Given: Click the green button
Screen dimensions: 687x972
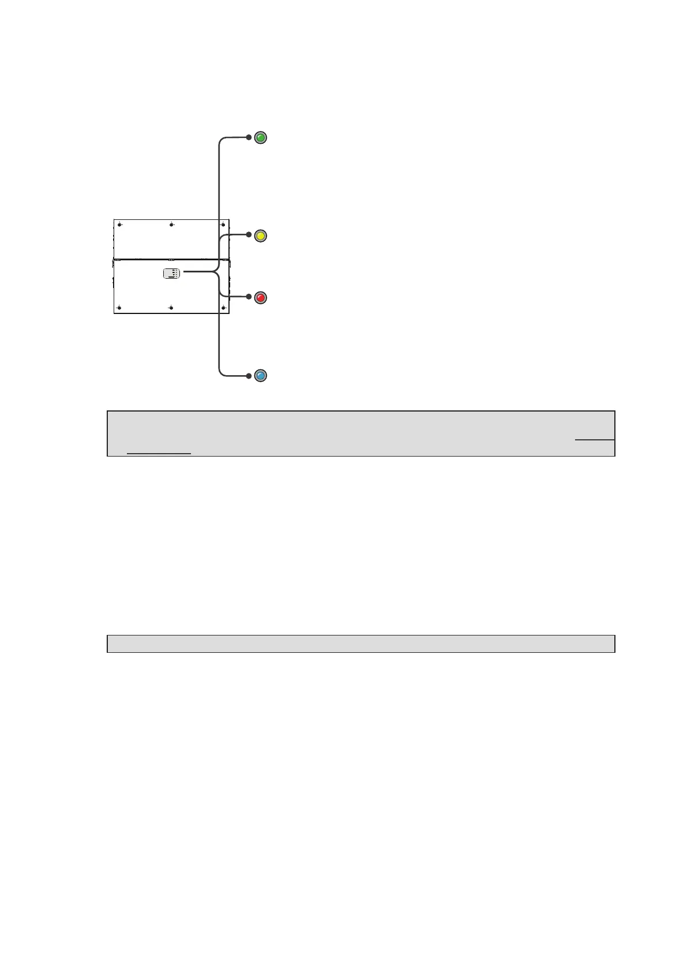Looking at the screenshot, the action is (x=261, y=138).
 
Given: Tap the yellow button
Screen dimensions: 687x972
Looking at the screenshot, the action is (x=261, y=235).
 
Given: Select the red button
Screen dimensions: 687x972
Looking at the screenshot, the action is (x=261, y=298).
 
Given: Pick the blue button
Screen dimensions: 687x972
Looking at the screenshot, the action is (x=261, y=376).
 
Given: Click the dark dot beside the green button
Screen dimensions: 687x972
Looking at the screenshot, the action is (x=249, y=138).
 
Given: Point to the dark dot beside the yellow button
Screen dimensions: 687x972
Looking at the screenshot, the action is (x=249, y=235).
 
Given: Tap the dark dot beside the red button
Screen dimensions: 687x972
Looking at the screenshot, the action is (x=249, y=297).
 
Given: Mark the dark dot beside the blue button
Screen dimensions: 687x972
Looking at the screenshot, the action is (x=249, y=376).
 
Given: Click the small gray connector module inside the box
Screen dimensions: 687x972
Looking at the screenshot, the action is (x=172, y=274).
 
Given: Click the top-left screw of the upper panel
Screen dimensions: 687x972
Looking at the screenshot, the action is (x=119, y=225).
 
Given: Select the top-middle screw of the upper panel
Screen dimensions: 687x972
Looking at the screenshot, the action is (x=171, y=225).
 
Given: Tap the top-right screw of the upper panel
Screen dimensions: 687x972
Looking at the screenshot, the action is (x=223, y=225).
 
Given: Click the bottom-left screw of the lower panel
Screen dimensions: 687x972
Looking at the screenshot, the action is (x=119, y=308).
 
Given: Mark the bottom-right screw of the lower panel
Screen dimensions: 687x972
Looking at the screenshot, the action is (x=223, y=308).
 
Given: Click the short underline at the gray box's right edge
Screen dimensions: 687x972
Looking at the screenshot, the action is (x=595, y=440).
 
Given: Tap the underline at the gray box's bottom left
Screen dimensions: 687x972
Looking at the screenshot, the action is (x=159, y=454).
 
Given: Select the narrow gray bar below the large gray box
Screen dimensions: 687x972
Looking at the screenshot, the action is (x=361, y=644).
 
